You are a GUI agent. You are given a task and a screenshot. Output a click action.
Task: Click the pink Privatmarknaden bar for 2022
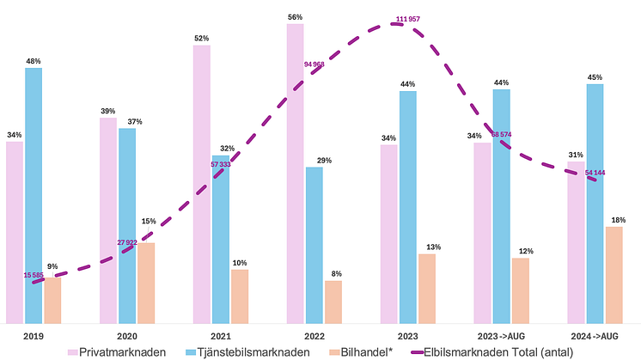pyautogui.click(x=295, y=172)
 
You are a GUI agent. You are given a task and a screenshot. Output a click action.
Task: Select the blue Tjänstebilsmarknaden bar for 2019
pyautogui.click(x=34, y=194)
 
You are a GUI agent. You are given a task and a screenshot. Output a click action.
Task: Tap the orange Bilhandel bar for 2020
pyautogui.click(x=146, y=282)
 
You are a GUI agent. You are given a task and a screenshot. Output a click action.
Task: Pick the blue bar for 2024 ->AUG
pyautogui.click(x=595, y=202)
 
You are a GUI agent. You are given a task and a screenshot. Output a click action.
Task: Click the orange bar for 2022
pyautogui.click(x=333, y=301)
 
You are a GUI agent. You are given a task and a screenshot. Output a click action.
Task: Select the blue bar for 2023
pyautogui.click(x=408, y=206)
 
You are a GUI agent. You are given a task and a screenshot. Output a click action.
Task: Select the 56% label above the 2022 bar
pyautogui.click(x=295, y=16)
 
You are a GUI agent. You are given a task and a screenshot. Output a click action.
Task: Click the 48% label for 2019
pyautogui.click(x=34, y=61)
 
